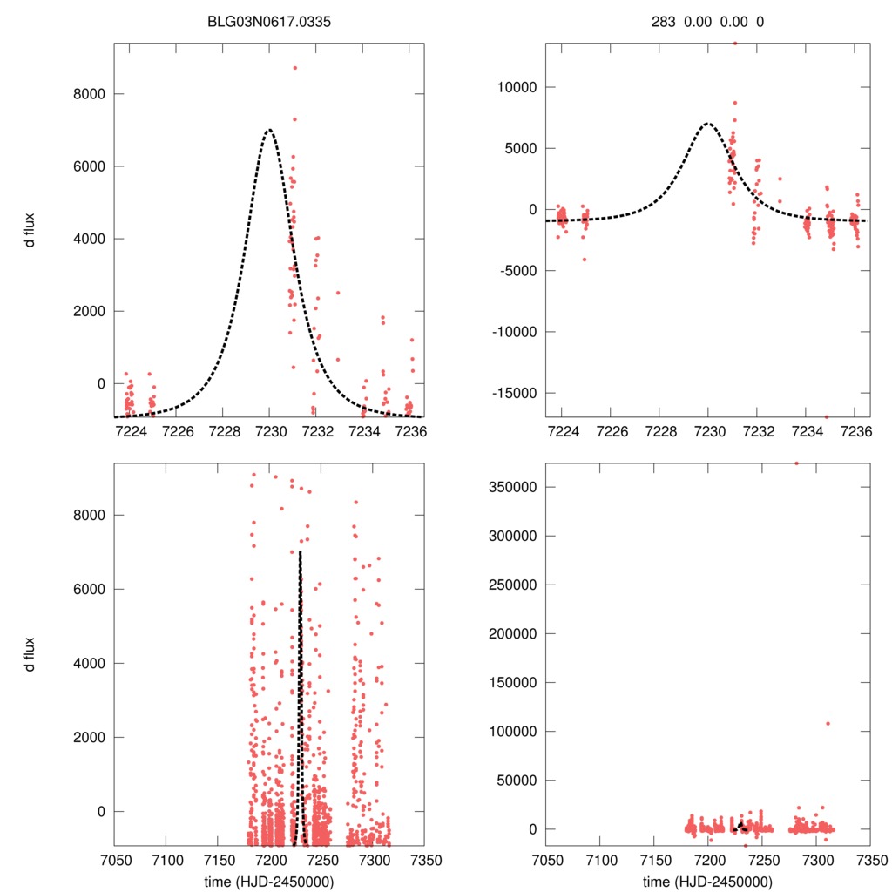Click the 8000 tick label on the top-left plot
(x=82, y=94)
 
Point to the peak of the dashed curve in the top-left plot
(x=269, y=130)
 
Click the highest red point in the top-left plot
(x=294, y=68)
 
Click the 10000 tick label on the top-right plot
(x=514, y=87)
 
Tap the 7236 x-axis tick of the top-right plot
(x=857, y=430)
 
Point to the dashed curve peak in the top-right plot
(x=708, y=124)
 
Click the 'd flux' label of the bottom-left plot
(x=30, y=653)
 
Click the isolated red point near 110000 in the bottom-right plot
(x=827, y=723)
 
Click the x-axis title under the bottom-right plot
(x=707, y=881)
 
